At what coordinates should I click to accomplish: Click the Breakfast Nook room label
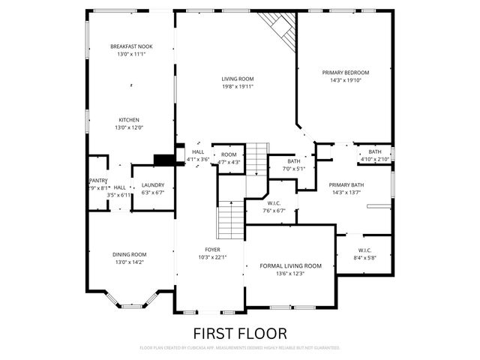click(131, 46)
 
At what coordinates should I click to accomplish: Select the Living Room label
click(237, 79)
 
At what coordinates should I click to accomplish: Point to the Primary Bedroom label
click(346, 73)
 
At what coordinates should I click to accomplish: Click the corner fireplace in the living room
click(281, 28)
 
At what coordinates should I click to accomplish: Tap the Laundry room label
click(152, 184)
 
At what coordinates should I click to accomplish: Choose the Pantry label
click(97, 181)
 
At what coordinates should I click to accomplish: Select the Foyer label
click(213, 249)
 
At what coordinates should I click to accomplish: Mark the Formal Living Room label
click(290, 265)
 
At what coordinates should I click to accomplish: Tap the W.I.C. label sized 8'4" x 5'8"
click(364, 250)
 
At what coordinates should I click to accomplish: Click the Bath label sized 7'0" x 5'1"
click(294, 160)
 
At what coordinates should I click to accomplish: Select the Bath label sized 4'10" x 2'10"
click(374, 151)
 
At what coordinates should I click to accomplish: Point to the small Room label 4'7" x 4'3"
click(229, 154)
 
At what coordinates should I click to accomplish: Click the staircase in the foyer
click(231, 221)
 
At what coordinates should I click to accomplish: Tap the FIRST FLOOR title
click(239, 332)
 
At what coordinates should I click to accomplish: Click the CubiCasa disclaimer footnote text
click(239, 348)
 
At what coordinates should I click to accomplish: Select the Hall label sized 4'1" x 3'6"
click(198, 151)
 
